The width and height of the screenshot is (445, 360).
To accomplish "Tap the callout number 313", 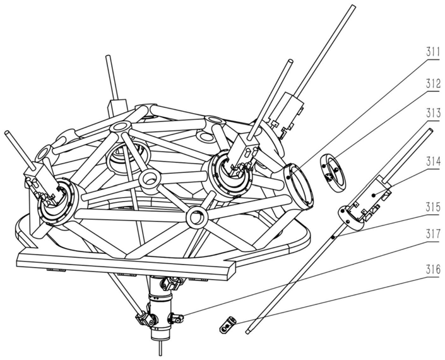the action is click(432, 113).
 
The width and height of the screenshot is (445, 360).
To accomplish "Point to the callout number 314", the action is click(432, 162).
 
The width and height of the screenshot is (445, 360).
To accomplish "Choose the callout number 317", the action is click(432, 234).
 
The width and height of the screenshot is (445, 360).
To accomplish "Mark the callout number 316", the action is click(432, 269).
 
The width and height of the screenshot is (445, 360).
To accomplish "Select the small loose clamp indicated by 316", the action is click(228, 325).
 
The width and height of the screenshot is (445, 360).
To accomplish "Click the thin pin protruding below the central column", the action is click(161, 348).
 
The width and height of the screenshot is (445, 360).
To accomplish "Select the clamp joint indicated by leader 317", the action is click(177, 318).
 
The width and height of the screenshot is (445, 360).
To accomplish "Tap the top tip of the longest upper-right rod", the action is click(353, 6).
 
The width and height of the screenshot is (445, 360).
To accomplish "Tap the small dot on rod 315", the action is click(334, 236).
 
